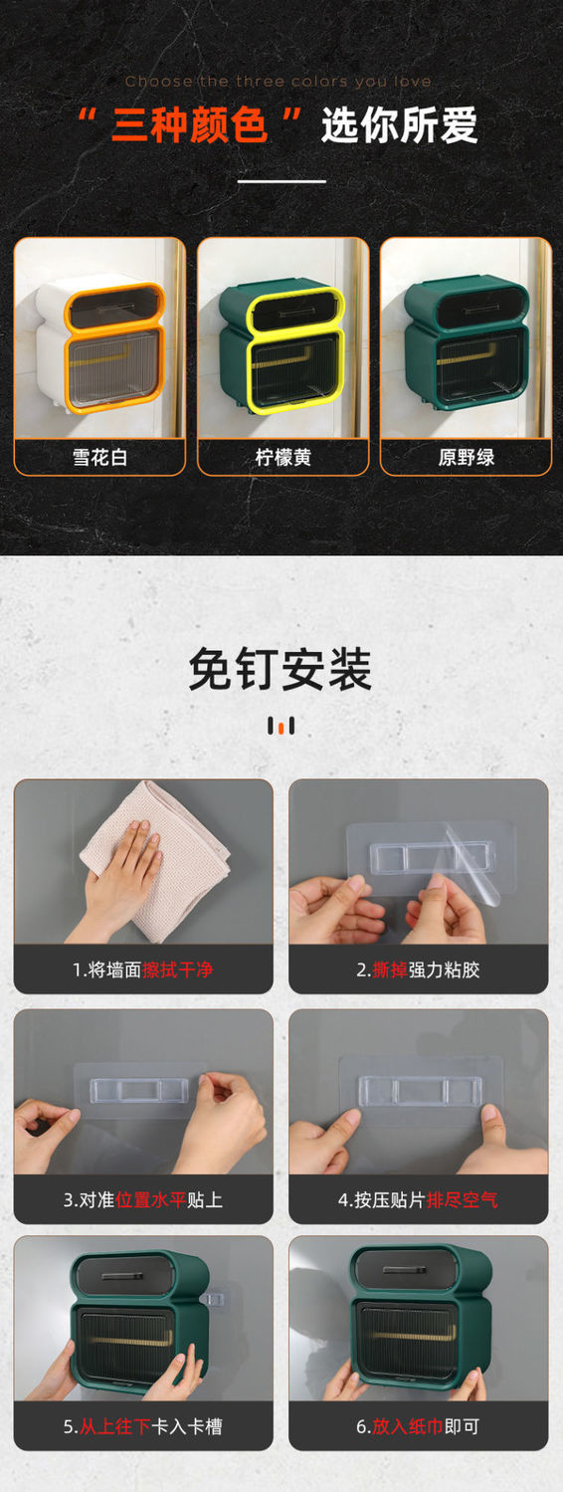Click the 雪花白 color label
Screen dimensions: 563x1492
pyautogui.click(x=99, y=457)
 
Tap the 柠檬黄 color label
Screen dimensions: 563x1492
pyautogui.click(x=282, y=457)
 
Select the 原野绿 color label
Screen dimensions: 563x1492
pyautogui.click(x=466, y=457)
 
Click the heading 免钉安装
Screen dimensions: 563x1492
pyautogui.click(x=281, y=670)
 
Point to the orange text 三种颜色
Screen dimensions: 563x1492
pyautogui.click(x=190, y=125)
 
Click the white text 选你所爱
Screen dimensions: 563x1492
pyautogui.click(x=399, y=125)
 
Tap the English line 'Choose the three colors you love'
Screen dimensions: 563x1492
pyautogui.click(x=279, y=82)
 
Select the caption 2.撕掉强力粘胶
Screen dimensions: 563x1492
pyautogui.click(x=418, y=969)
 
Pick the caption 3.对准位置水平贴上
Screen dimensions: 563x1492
pyautogui.click(x=143, y=1200)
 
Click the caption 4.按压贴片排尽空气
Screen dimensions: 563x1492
pyautogui.click(x=418, y=1200)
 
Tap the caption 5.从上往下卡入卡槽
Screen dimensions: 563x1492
pyautogui.click(x=143, y=1426)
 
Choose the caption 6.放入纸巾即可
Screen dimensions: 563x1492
pyautogui.click(x=418, y=1426)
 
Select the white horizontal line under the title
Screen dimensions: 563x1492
pyautogui.click(x=281, y=181)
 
